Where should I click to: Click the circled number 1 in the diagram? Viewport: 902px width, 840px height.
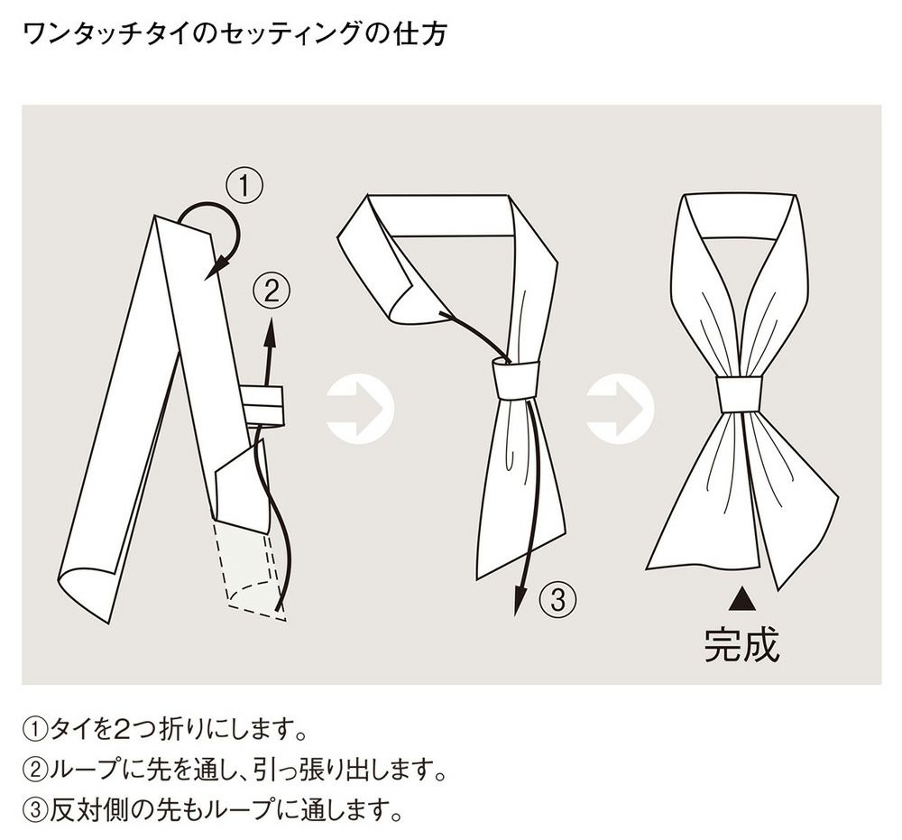[x=244, y=187]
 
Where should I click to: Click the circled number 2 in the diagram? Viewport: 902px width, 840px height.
[x=272, y=291]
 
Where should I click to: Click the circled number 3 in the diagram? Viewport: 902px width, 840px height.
[x=557, y=598]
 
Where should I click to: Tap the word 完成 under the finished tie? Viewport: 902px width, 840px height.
[x=741, y=643]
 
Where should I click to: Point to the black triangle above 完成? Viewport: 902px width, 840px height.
[x=741, y=597]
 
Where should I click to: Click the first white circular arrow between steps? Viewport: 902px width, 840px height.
[x=359, y=411]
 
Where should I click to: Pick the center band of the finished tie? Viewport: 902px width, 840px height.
[x=740, y=393]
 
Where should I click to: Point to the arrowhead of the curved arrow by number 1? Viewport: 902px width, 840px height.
[x=213, y=270]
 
